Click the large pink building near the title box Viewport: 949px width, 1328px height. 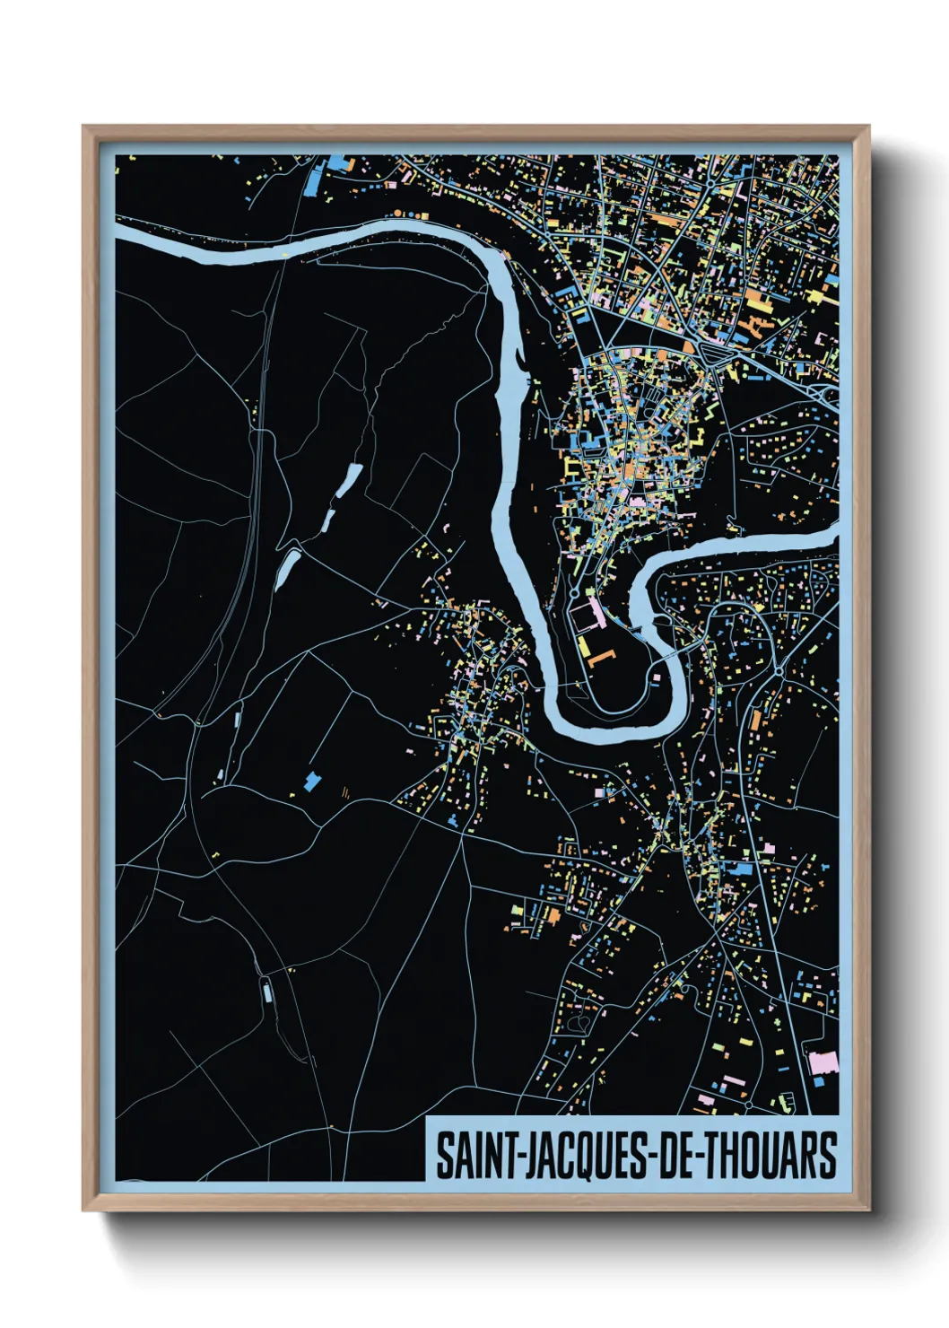pos(823,1062)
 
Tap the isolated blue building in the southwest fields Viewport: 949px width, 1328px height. pos(312,781)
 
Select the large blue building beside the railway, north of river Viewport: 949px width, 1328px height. pos(314,180)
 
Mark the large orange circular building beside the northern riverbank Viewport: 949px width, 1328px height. pos(397,214)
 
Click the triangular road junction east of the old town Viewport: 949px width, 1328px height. pos(715,355)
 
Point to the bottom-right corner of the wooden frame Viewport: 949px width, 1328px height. pos(867,1209)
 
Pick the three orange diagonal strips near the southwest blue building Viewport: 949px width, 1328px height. pos(344,791)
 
